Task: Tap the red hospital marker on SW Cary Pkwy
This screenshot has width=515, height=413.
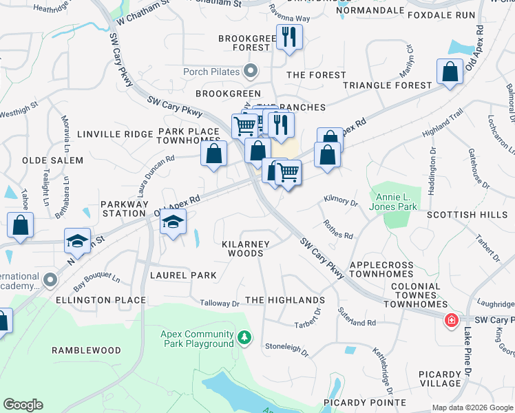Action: [451, 321]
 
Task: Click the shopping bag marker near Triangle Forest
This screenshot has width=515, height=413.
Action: [450, 71]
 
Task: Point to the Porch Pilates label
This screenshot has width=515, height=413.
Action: [211, 72]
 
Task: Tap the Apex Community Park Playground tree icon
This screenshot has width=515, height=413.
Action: [244, 337]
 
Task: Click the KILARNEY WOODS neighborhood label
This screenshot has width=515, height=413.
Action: [255, 248]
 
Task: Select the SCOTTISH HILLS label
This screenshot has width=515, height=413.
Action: [467, 215]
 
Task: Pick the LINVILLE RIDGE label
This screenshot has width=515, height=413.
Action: [113, 134]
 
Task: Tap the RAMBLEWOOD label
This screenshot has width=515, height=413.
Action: [87, 350]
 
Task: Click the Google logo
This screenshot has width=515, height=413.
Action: [23, 405]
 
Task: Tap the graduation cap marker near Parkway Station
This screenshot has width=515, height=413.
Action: [174, 222]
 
